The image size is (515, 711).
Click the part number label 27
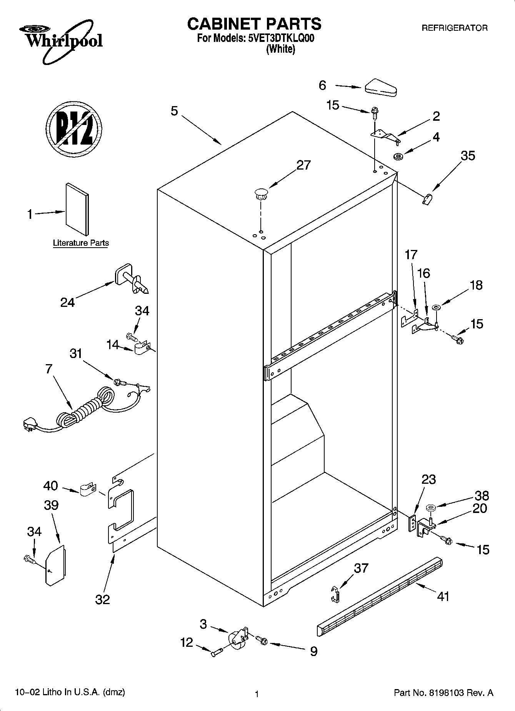303,165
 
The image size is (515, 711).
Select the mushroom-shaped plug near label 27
261,193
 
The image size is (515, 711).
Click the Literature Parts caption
81,243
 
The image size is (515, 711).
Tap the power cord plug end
29,425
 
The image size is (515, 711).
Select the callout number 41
443,596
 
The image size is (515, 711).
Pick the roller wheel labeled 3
237,639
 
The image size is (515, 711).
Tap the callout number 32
102,599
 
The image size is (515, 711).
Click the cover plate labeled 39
55,564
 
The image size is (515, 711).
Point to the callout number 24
67,303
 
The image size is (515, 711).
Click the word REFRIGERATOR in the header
455,28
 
